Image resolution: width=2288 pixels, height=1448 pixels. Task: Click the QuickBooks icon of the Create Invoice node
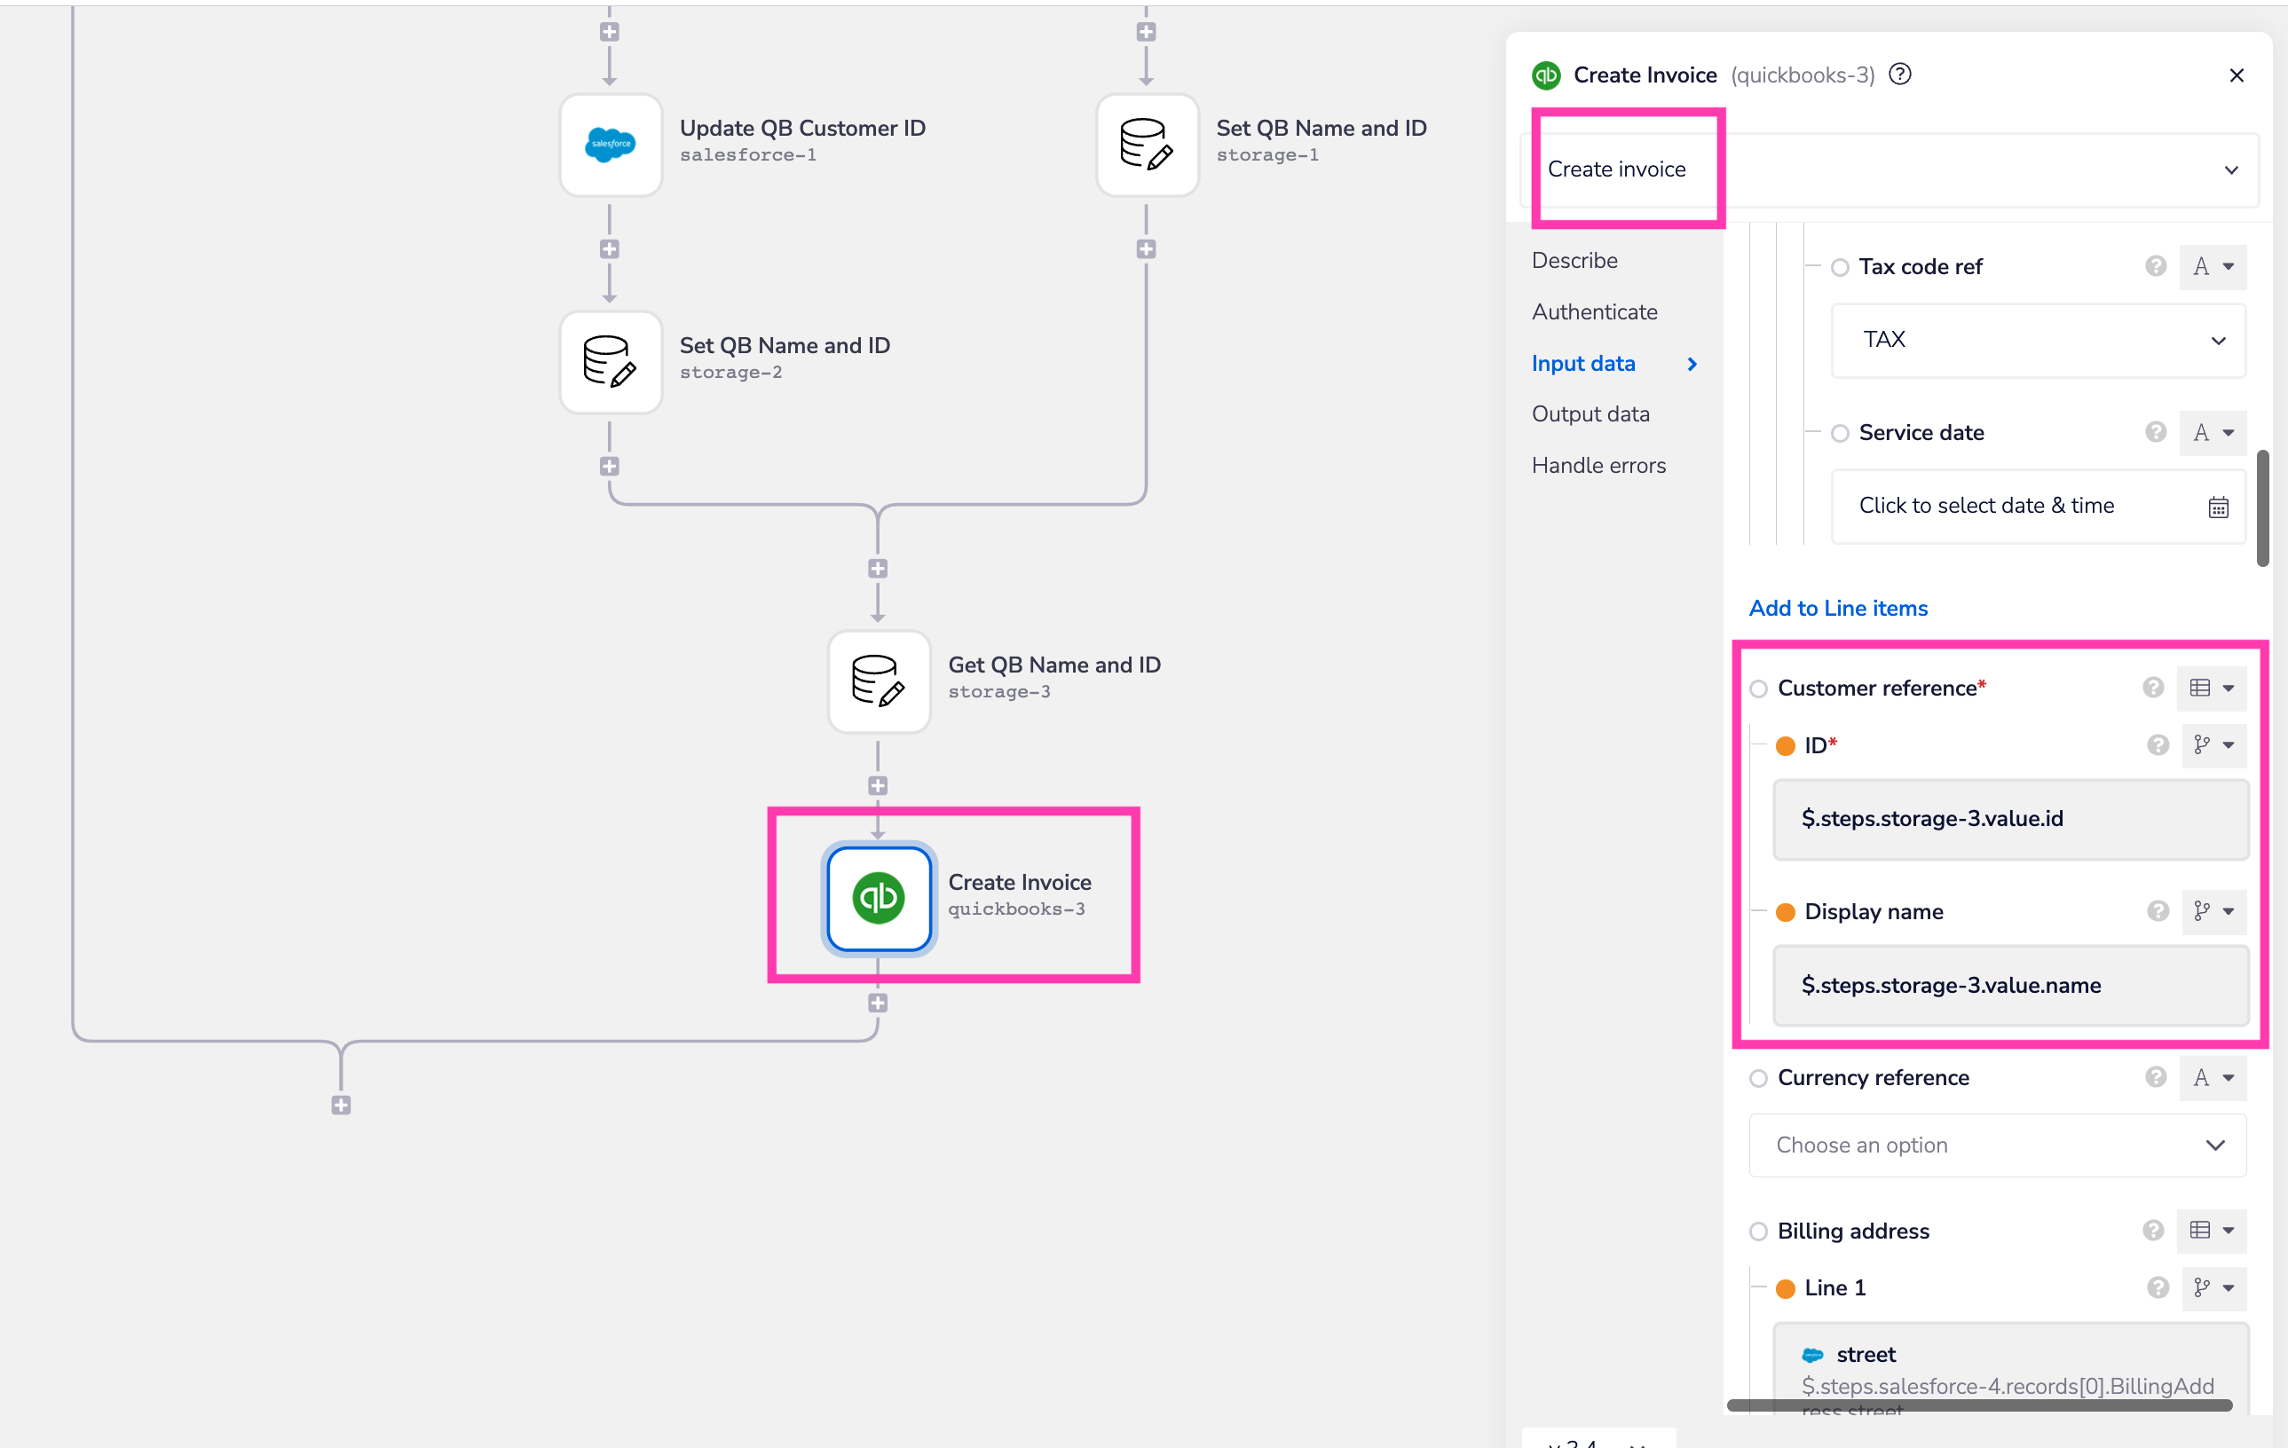pos(878,898)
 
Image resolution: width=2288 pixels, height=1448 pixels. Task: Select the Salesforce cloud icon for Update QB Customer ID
pos(610,145)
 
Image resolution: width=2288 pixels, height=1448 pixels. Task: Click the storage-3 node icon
pos(878,681)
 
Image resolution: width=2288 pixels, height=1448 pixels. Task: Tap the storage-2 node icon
pos(610,362)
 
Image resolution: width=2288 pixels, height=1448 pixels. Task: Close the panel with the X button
pos(2236,76)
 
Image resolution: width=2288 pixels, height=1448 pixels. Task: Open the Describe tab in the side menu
pos(1574,260)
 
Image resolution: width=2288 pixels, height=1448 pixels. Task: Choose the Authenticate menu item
pos(1594,311)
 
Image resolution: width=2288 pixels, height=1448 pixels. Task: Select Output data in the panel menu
pos(1590,414)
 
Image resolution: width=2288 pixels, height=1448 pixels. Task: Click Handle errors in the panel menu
pos(1598,466)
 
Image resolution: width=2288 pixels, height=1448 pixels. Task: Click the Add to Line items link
pos(1838,608)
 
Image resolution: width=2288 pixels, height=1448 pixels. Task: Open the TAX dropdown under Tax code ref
pos(2037,340)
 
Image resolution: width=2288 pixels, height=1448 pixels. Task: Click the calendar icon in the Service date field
pos(2218,508)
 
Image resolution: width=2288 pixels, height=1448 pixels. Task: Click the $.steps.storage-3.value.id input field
pos(2009,819)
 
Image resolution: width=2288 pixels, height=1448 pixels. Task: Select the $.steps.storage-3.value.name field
pos(2009,985)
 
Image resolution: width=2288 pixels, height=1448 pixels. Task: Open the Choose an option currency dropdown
pos(1997,1145)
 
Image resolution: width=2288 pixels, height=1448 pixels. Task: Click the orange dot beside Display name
pos(1786,912)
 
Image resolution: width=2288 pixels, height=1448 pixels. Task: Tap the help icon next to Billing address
pos(2153,1232)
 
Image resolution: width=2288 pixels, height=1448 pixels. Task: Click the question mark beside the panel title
pos(1900,75)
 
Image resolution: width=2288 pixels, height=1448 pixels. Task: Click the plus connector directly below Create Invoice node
pos(878,1003)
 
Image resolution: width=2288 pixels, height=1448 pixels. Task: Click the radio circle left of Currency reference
pos(1759,1078)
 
